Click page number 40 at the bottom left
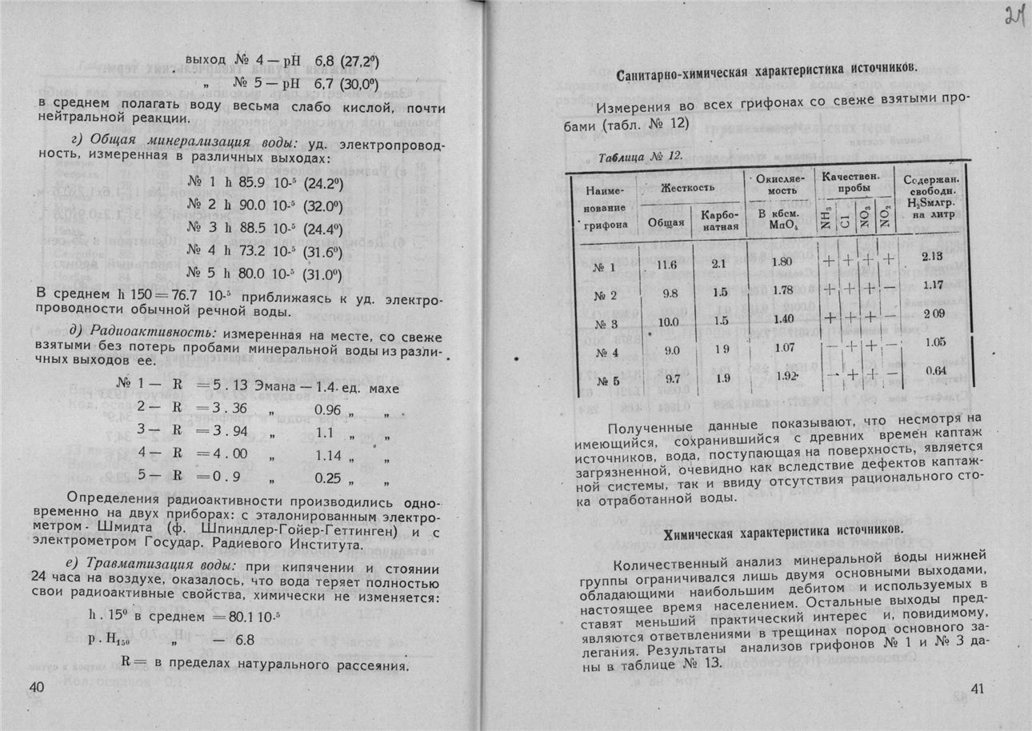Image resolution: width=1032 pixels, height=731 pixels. (38, 689)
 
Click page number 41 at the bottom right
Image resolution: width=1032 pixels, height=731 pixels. (978, 689)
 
